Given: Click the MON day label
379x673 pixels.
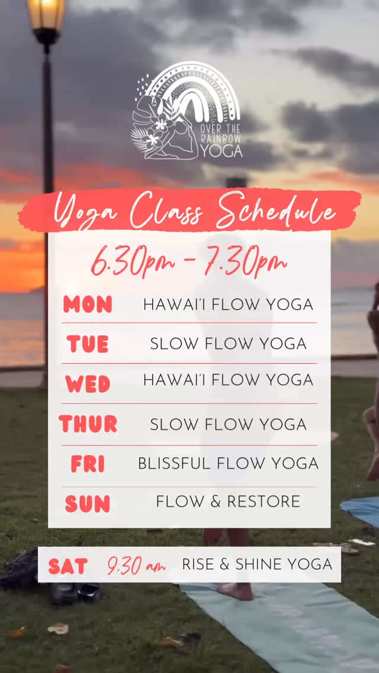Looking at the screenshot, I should click(88, 305).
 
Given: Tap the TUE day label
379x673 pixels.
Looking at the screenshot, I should click(88, 344).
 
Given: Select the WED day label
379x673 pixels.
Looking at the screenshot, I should click(88, 384).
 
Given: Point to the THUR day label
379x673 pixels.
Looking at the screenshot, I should click(88, 424).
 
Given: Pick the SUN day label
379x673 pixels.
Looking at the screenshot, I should click(88, 504).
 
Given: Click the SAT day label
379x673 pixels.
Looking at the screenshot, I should click(68, 566).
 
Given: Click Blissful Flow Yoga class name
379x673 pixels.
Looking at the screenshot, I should click(228, 463).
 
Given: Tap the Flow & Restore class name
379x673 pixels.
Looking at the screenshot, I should click(228, 502).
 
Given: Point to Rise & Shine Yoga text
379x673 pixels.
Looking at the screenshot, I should click(257, 565).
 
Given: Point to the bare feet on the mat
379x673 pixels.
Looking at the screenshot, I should click(235, 590).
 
